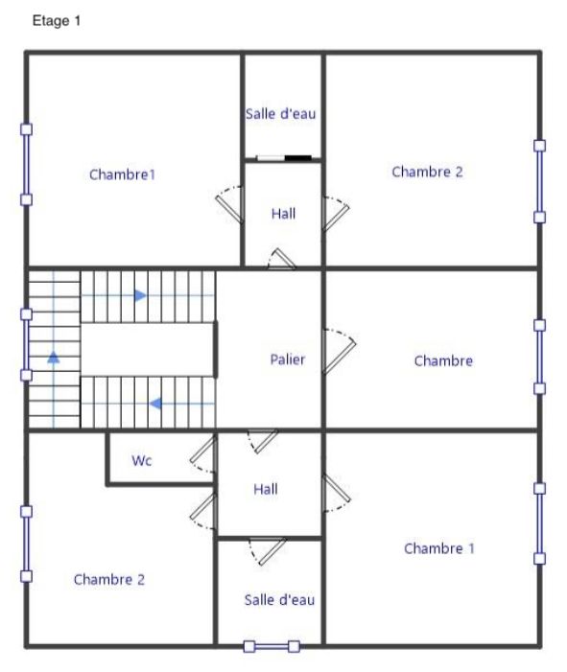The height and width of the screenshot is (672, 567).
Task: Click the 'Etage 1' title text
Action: click(57, 20)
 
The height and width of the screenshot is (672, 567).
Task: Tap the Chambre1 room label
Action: click(122, 174)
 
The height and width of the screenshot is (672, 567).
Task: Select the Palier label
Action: click(288, 359)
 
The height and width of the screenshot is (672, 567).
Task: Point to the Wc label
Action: click(142, 460)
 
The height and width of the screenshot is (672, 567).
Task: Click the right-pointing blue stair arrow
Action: click(140, 295)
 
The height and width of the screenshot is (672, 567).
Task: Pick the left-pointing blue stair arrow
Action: click(155, 404)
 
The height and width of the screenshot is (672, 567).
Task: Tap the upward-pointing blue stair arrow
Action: click(53, 357)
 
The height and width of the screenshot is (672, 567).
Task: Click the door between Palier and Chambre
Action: click(339, 351)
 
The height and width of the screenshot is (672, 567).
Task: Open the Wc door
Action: click(202, 454)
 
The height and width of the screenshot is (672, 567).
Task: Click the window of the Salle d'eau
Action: click(272, 646)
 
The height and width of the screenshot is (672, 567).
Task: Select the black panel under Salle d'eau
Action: click(298, 158)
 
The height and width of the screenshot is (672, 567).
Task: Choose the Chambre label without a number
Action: click(443, 360)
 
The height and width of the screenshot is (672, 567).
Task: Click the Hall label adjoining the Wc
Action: click(266, 489)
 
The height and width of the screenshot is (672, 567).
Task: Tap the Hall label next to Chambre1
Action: click(284, 214)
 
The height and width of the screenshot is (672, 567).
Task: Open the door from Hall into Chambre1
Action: click(230, 204)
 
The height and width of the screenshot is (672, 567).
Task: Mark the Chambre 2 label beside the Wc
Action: click(109, 579)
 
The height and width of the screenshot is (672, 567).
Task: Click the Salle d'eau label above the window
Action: click(279, 600)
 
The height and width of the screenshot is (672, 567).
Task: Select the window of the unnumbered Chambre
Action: click(539, 357)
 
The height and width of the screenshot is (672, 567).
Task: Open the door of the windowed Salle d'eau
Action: click(268, 551)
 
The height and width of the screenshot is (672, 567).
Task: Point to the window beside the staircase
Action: click(27, 344)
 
